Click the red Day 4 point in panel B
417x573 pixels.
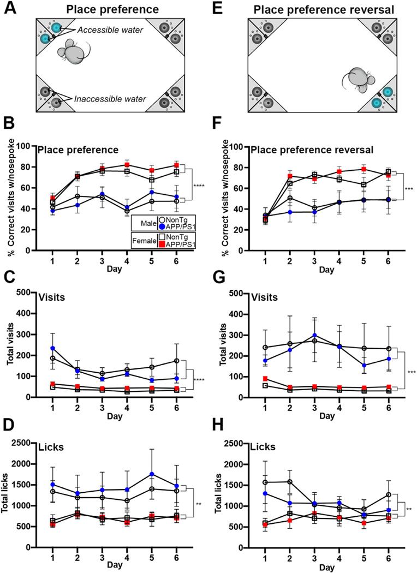point(127,165)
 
